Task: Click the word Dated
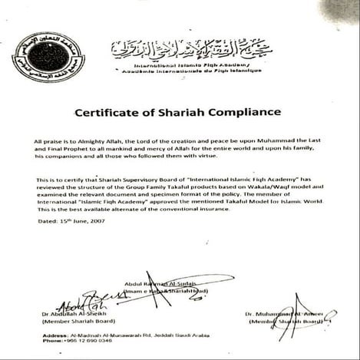pos(45,220)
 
